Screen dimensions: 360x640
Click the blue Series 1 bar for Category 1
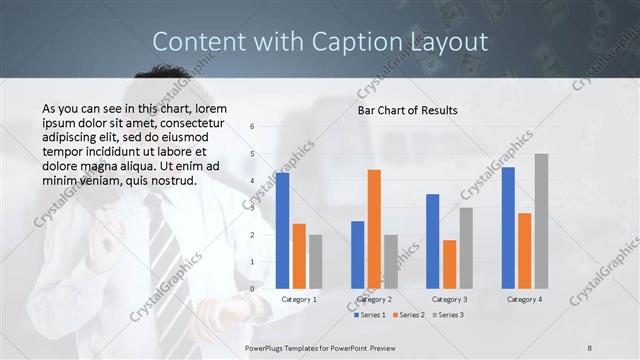click(283, 231)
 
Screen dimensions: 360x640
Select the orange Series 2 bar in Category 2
click(374, 229)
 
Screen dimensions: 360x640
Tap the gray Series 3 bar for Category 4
click(541, 221)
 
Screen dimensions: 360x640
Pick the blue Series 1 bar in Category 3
click(433, 241)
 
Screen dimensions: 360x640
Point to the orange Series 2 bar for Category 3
click(449, 264)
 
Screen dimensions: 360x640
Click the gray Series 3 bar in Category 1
click(316, 261)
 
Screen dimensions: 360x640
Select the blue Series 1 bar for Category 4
click(508, 228)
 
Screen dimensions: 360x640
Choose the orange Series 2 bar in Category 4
click(524, 251)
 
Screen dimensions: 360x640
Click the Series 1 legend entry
click(373, 315)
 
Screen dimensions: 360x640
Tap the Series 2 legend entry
click(409, 315)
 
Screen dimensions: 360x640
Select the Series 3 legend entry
click(446, 315)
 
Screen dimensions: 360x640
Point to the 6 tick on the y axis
click(253, 126)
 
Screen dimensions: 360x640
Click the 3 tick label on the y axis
click(253, 208)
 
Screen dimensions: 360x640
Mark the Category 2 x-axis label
click(374, 299)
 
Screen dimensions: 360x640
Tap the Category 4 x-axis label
click(524, 299)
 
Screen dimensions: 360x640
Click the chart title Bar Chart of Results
click(408, 110)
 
